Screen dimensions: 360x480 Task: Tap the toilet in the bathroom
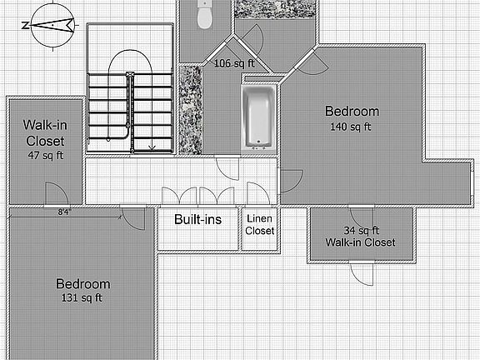click(x=204, y=14)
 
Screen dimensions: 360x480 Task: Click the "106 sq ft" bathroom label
click(x=234, y=63)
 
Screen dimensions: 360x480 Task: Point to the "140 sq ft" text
click(x=352, y=127)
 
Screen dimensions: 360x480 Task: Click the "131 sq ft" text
click(x=82, y=297)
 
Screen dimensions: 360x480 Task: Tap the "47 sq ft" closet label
click(x=44, y=155)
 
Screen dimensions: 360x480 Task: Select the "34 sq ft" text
click(x=361, y=231)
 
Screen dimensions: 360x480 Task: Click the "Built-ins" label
click(x=197, y=221)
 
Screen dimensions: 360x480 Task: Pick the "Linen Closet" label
click(x=259, y=224)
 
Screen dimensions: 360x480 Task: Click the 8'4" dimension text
click(x=63, y=213)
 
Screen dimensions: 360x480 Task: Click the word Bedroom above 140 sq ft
click(x=352, y=112)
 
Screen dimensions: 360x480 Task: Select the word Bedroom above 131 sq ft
click(x=82, y=284)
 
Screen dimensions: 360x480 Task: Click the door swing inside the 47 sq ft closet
click(x=55, y=192)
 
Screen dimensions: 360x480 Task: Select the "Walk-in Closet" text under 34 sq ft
click(x=361, y=242)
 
